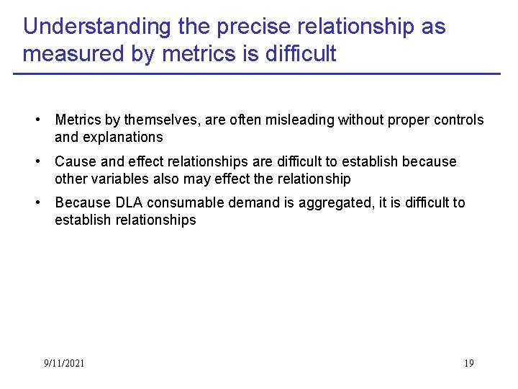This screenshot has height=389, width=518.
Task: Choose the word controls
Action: pos(460,120)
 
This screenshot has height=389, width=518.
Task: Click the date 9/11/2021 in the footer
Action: pos(64,363)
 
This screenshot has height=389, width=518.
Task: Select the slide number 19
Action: pos(468,363)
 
